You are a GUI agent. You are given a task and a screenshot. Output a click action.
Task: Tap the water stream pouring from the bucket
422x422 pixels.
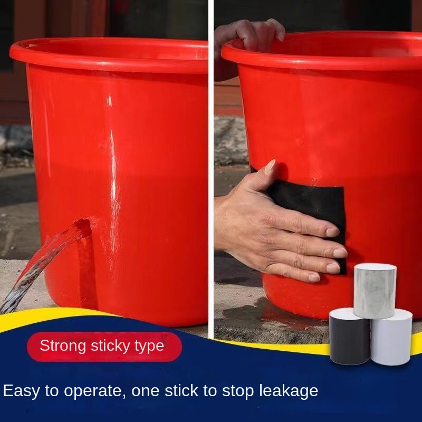(41, 266)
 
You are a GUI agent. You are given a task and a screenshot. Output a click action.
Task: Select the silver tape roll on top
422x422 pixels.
(375, 291)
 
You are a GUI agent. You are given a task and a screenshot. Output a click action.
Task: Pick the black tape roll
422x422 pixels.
(350, 337)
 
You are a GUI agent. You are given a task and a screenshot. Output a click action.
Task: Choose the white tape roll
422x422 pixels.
(391, 338)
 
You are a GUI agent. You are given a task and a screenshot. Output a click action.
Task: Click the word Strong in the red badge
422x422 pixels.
(63, 346)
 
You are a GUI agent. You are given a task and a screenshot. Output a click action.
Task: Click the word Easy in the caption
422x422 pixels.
(21, 391)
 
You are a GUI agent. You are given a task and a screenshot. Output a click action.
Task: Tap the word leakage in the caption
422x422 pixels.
(289, 391)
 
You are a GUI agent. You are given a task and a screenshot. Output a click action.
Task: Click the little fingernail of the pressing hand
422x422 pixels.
(314, 278)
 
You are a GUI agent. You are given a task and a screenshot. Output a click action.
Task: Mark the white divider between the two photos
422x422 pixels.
(211, 167)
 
